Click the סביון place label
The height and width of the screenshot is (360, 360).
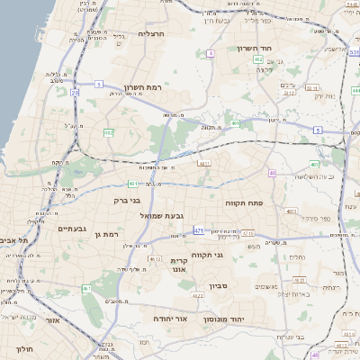click(220, 286)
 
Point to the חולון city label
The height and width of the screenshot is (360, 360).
click(23, 346)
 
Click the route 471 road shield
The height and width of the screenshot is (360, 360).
click(198, 231)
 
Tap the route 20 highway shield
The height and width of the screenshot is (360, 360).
click(75, 92)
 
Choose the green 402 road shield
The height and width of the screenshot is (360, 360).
click(315, 164)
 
